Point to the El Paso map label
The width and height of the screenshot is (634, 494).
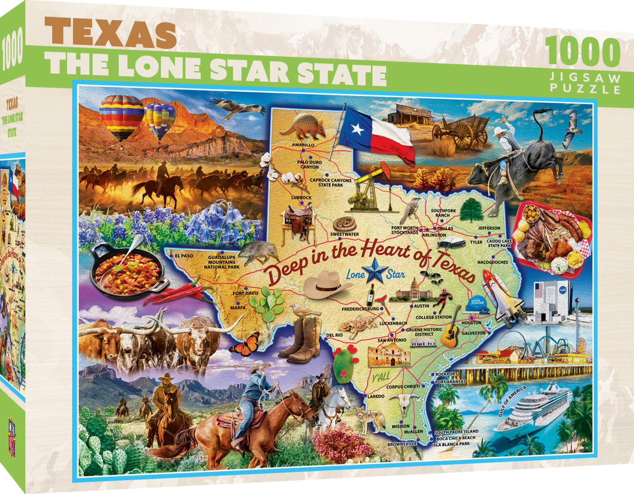[x=183, y=255]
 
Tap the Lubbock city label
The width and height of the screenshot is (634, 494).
[x=301, y=198]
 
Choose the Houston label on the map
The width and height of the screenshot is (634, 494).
[x=471, y=323]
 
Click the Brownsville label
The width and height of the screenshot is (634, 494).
[x=402, y=444]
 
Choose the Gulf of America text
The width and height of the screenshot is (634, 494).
[x=512, y=401]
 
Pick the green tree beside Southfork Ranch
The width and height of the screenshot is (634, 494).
[x=470, y=209]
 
